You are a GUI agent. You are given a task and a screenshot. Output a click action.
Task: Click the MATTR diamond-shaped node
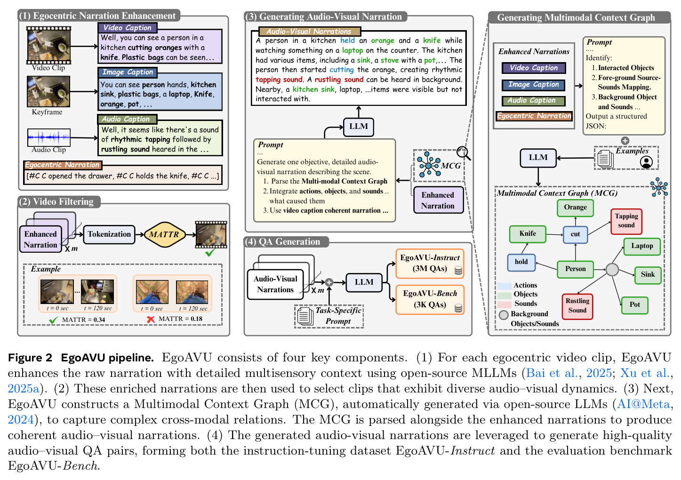pyautogui.click(x=164, y=234)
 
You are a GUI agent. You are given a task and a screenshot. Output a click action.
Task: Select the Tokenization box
pyautogui.click(x=109, y=234)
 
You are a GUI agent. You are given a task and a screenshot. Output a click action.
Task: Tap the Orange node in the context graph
pyautogui.click(x=575, y=208)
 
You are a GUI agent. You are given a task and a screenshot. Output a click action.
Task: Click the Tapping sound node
pyautogui.click(x=626, y=221)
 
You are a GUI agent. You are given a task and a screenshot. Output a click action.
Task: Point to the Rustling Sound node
pyautogui.click(x=577, y=306)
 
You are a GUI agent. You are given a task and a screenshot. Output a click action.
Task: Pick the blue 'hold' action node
pyautogui.click(x=521, y=262)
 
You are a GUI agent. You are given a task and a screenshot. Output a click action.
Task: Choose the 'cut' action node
pyautogui.click(x=575, y=235)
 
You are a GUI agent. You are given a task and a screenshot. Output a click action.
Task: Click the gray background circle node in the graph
pyautogui.click(x=612, y=269)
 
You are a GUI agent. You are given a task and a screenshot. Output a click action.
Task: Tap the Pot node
pyautogui.click(x=634, y=305)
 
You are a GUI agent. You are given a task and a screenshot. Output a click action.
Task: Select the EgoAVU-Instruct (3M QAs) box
pyautogui.click(x=430, y=263)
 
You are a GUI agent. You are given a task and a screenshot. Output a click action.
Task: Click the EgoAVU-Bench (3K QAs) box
pyautogui.click(x=430, y=299)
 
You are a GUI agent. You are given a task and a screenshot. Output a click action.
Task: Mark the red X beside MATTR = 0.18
pyautogui.click(x=151, y=320)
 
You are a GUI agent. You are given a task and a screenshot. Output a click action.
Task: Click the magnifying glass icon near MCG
pyautogui.click(x=463, y=153)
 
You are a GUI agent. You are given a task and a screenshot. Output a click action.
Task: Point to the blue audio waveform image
pyautogui.click(x=48, y=137)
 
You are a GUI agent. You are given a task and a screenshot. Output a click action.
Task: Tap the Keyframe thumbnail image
pyautogui.click(x=48, y=91)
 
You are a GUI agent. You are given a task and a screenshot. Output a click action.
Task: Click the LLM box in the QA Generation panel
pyautogui.click(x=364, y=282)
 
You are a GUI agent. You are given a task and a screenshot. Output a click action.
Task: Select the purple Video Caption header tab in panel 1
pyautogui.click(x=128, y=28)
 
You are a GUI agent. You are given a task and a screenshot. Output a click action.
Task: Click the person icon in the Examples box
pyautogui.click(x=646, y=162)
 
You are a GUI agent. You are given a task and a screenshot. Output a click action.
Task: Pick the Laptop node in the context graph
pyautogui.click(x=642, y=246)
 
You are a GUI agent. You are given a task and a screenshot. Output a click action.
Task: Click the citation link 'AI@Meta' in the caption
pyautogui.click(x=643, y=404)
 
